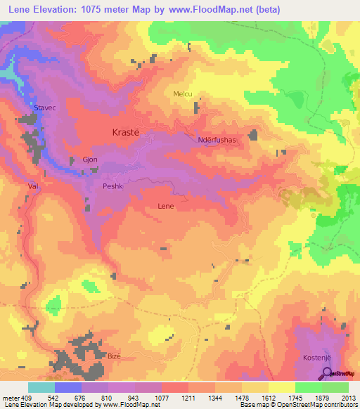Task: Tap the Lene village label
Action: click(x=165, y=207)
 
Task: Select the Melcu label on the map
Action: click(x=182, y=94)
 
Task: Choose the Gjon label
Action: click(x=90, y=160)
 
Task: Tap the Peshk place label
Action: click(x=112, y=186)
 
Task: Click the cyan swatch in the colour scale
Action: click(x=41, y=387)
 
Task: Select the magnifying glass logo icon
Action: click(x=326, y=373)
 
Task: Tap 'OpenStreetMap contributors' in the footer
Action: click(x=316, y=405)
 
